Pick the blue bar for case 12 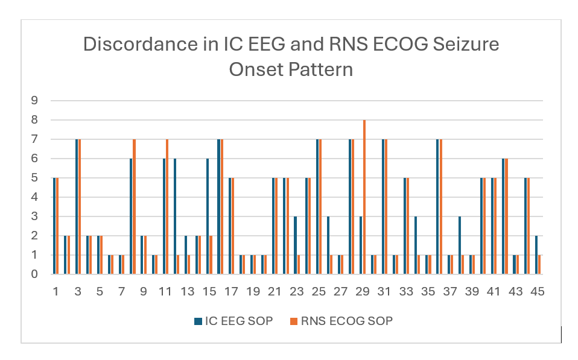(175, 216)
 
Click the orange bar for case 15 (211, 255)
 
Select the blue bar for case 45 (536, 255)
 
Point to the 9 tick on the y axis (34, 101)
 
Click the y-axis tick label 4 (34, 197)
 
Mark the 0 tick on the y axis (34, 274)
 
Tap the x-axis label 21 (275, 292)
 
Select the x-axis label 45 (537, 292)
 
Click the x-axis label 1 (56, 292)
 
